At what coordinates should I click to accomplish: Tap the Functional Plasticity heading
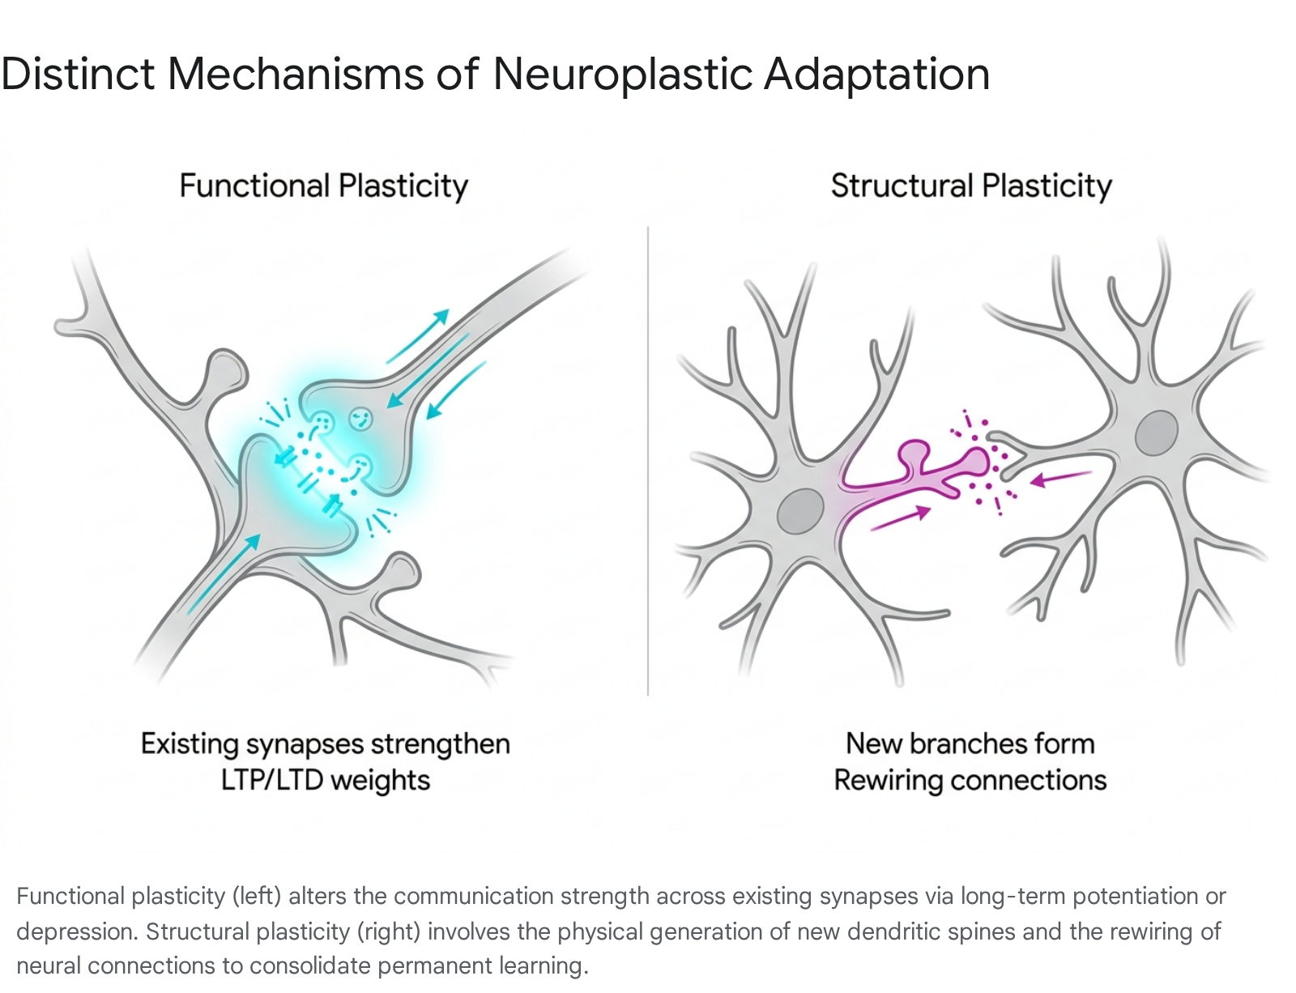(324, 186)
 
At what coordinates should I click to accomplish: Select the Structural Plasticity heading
(971, 186)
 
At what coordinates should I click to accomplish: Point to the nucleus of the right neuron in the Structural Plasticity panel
(1157, 433)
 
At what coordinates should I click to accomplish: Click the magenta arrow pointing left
(1061, 479)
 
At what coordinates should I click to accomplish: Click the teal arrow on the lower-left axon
(224, 573)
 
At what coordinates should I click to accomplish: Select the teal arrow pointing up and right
(417, 336)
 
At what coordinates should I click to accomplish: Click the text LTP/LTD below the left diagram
(272, 780)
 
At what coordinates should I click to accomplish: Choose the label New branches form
(970, 744)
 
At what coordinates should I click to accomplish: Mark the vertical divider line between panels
(648, 460)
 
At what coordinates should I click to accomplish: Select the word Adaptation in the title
(877, 75)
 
